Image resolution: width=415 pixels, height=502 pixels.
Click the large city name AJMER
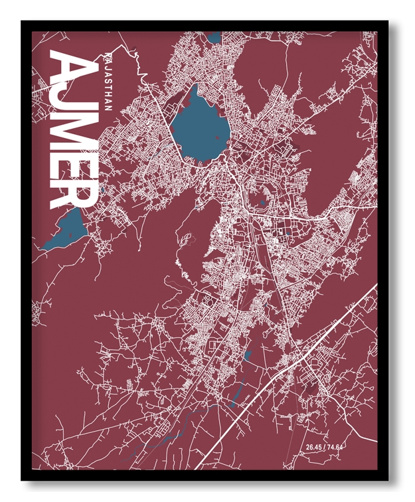click(x=74, y=129)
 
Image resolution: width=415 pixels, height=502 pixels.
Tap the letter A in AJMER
click(x=73, y=67)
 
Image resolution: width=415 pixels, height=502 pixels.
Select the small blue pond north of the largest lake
click(x=214, y=37)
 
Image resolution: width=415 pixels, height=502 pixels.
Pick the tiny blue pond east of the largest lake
click(x=263, y=201)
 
